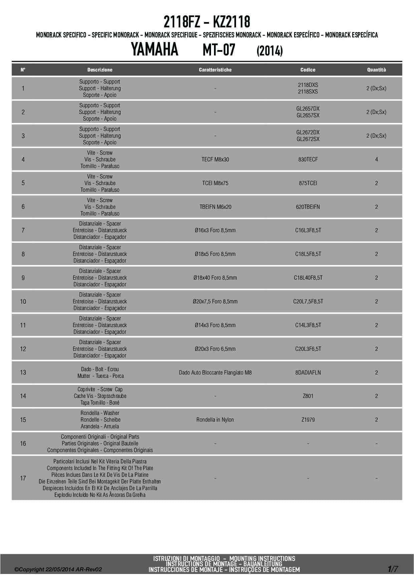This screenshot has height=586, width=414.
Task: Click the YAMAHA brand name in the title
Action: (154, 50)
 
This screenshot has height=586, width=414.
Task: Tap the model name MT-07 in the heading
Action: (219, 50)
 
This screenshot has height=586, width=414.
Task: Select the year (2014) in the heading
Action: (269, 51)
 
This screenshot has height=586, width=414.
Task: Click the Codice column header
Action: (308, 70)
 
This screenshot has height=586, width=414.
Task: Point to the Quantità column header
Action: (376, 70)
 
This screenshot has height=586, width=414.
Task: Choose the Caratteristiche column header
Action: (215, 70)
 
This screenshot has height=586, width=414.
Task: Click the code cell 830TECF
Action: (308, 159)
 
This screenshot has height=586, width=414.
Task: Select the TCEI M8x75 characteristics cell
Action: (215, 183)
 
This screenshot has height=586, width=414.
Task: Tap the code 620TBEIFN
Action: (308, 207)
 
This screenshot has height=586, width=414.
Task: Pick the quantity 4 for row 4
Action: (376, 159)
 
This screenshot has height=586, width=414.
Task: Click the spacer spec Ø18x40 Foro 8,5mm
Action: (215, 278)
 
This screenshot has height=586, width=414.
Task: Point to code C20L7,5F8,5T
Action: (308, 301)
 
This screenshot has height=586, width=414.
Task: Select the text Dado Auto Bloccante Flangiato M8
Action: (215, 373)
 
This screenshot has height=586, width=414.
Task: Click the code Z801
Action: (308, 396)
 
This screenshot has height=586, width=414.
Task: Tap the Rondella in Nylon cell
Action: (215, 420)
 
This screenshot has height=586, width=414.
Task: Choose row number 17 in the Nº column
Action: (23, 478)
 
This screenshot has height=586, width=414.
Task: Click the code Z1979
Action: (308, 420)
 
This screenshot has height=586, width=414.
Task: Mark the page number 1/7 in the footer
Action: (393, 569)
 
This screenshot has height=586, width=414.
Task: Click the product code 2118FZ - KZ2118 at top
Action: (207, 22)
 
